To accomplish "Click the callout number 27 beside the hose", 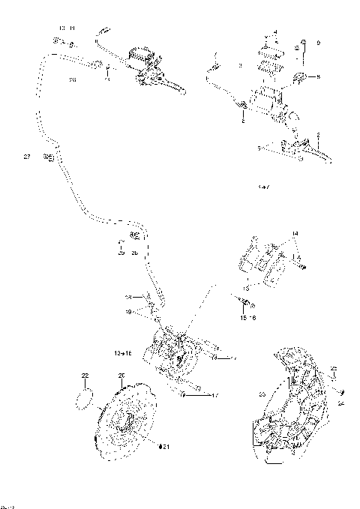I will tap(27, 157).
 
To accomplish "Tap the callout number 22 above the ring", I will tap(85, 375).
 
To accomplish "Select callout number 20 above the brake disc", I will tap(121, 375).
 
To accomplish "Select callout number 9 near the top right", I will tap(318, 43).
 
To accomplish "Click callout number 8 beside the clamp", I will tap(318, 76).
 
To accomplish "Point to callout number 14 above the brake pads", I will tap(295, 235).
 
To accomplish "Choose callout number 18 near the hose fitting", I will tap(127, 297).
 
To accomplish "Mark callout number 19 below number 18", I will tap(128, 310).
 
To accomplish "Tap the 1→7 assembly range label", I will tap(263, 183).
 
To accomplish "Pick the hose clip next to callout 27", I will tap(49, 157).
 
